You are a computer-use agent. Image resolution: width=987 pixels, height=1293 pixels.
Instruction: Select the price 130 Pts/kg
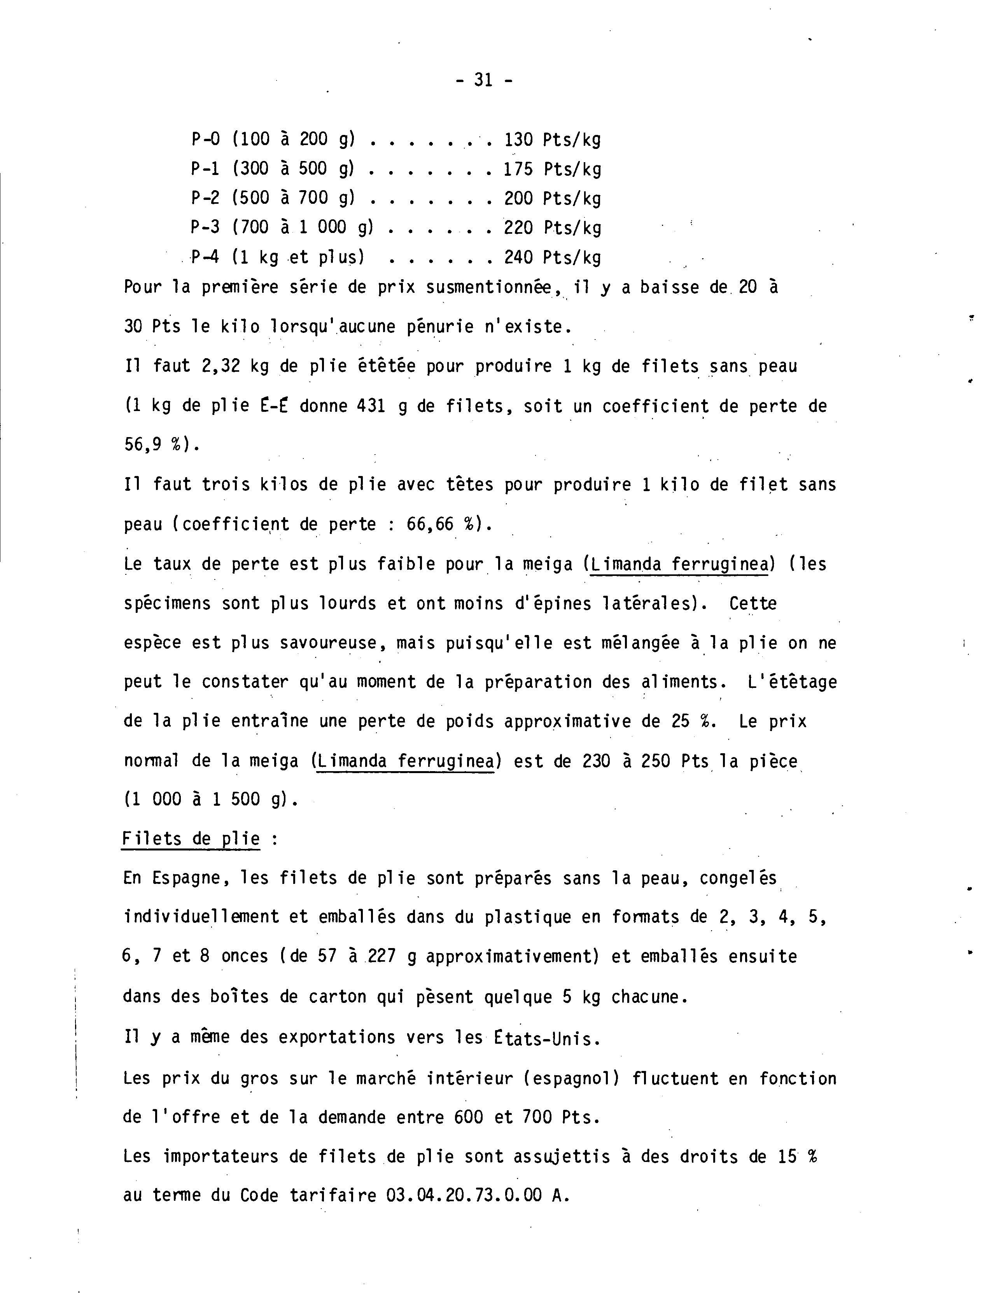pyautogui.click(x=552, y=140)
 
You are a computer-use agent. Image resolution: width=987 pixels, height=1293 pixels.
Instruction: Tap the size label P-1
pyautogui.click(x=205, y=169)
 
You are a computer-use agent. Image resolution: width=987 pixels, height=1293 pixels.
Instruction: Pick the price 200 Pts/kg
pyautogui.click(x=552, y=199)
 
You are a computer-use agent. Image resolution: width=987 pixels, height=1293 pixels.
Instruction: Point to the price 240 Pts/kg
pyautogui.click(x=552, y=257)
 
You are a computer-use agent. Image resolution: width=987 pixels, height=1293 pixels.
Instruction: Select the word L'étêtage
pyautogui.click(x=793, y=682)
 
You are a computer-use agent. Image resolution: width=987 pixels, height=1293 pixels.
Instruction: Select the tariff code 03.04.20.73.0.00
pyautogui.click(x=464, y=1195)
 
